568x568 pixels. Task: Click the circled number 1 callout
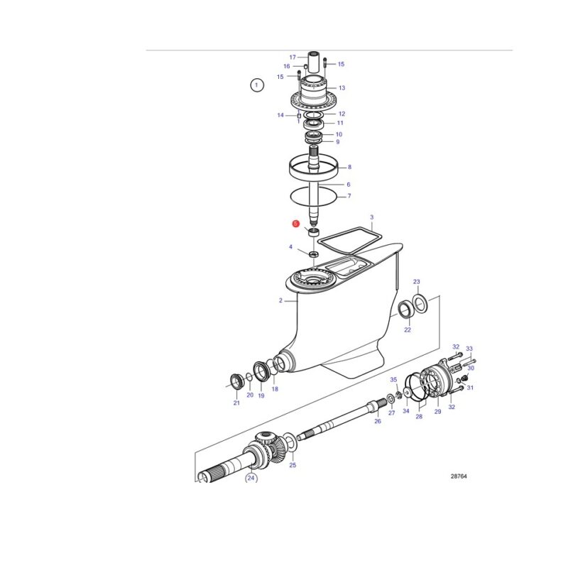coord(257,85)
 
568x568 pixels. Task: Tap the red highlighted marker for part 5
coord(296,224)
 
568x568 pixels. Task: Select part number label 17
coord(293,58)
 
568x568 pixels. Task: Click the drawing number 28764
coord(459,476)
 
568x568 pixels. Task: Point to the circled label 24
coord(251,478)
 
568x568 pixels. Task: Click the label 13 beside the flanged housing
coord(342,88)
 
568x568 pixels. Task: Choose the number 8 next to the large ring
coord(349,167)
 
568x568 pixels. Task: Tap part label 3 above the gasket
coord(371,217)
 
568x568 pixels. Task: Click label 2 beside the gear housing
coord(280,300)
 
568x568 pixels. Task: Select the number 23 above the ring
coord(417,282)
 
